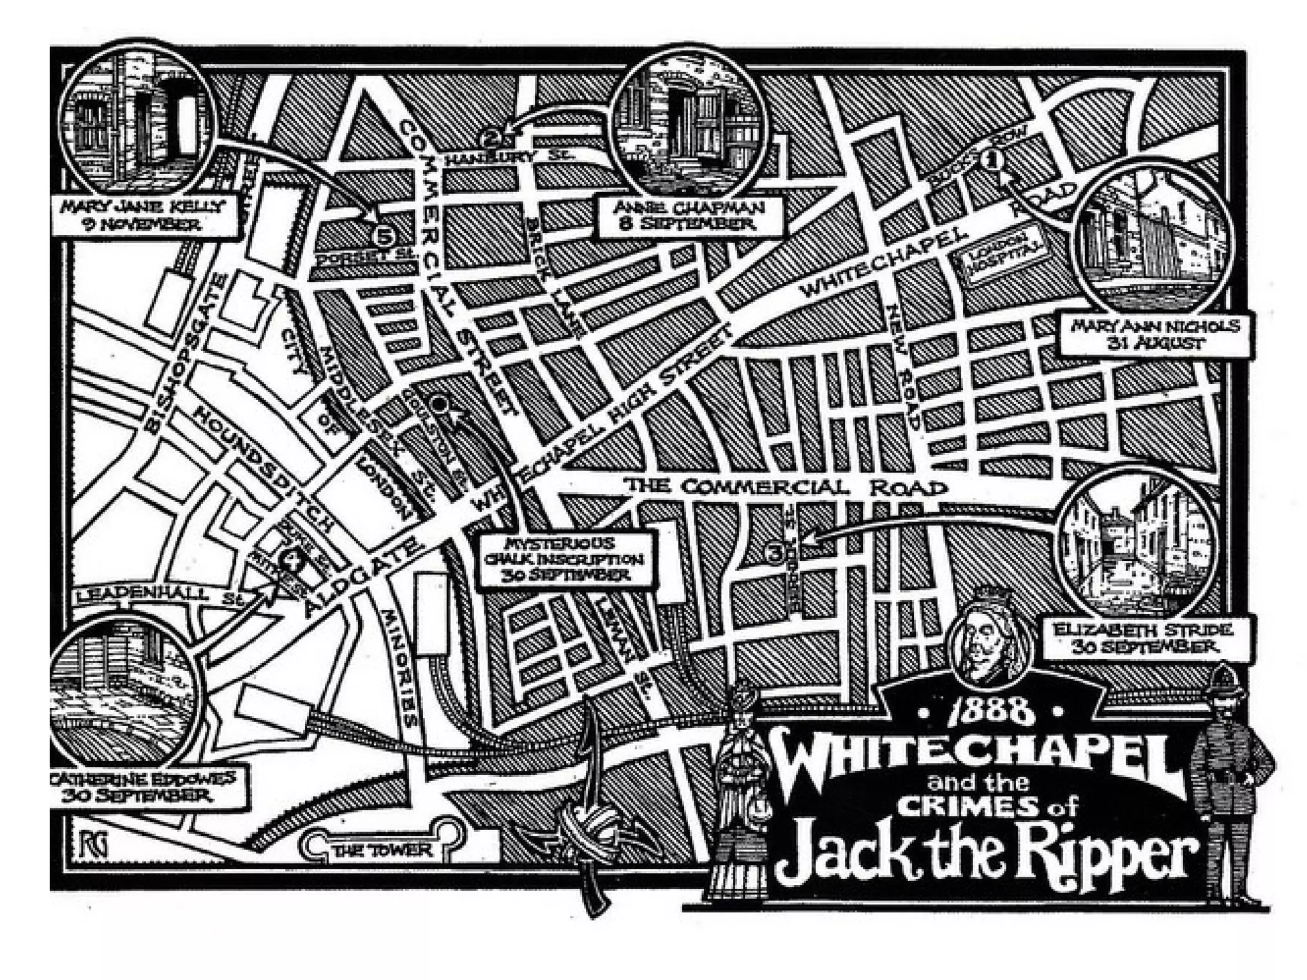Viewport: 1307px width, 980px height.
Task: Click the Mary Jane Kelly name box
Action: [143, 215]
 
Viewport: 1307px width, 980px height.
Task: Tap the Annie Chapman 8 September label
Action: [690, 215]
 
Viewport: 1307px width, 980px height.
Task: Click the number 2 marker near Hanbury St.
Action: [491, 137]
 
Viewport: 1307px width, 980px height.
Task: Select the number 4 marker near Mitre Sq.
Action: [293, 560]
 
